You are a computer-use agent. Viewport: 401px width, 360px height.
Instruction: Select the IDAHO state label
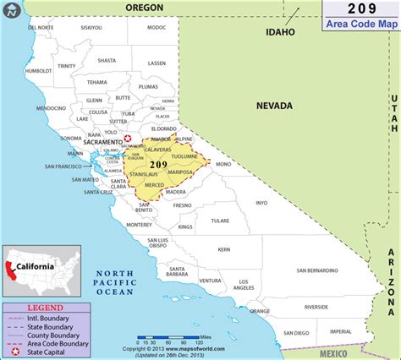coord(279,32)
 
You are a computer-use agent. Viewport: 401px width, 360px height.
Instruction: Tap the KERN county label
coord(222,250)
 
